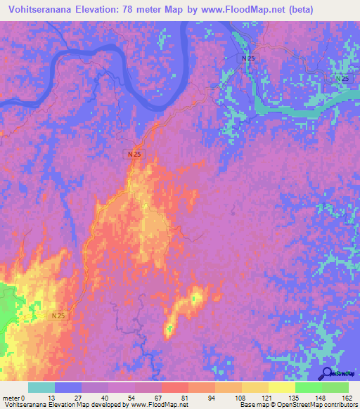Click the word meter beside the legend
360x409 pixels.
click(12, 397)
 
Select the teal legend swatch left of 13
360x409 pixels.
click(41, 387)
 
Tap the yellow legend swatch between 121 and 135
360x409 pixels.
click(282, 387)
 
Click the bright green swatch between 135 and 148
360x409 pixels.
click(309, 387)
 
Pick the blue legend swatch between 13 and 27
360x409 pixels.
click(68, 387)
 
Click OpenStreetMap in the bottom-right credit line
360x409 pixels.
click(304, 405)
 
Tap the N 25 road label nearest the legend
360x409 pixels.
click(59, 317)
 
